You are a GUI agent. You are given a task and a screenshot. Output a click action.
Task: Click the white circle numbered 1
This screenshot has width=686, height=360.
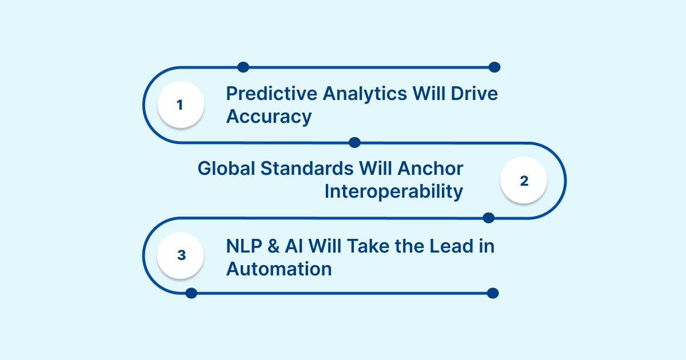point(180,105)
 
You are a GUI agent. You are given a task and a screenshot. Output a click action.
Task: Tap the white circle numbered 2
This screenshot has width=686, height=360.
point(524,181)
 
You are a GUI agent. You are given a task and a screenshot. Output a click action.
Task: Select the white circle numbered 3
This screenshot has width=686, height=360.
point(181,255)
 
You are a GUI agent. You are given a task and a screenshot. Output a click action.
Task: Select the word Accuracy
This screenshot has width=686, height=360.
point(269,117)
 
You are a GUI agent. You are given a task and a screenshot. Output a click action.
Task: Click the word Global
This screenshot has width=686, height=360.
point(226,169)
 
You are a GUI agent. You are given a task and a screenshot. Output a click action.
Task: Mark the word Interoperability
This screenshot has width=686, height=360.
point(394,191)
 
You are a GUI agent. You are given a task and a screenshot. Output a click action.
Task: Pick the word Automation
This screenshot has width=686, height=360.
point(279,269)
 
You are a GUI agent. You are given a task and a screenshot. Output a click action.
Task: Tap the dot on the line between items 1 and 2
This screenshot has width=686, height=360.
point(354,142)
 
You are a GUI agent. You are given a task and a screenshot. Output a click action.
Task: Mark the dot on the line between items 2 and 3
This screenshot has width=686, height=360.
point(489,218)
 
